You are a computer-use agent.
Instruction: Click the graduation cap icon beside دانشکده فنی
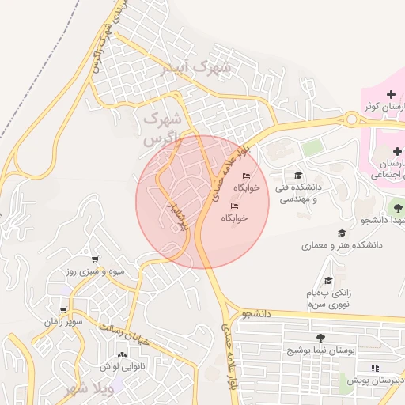297,176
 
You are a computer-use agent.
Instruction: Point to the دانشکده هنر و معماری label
342,245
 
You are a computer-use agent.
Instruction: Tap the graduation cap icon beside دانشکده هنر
342,233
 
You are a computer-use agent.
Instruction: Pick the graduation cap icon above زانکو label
327,280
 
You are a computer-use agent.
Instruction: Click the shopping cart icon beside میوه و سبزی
96,259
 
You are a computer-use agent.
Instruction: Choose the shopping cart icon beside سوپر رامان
62,309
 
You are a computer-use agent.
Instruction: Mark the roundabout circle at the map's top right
350,119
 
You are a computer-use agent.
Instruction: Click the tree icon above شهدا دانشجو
397,207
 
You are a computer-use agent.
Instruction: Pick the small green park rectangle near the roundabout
313,147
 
